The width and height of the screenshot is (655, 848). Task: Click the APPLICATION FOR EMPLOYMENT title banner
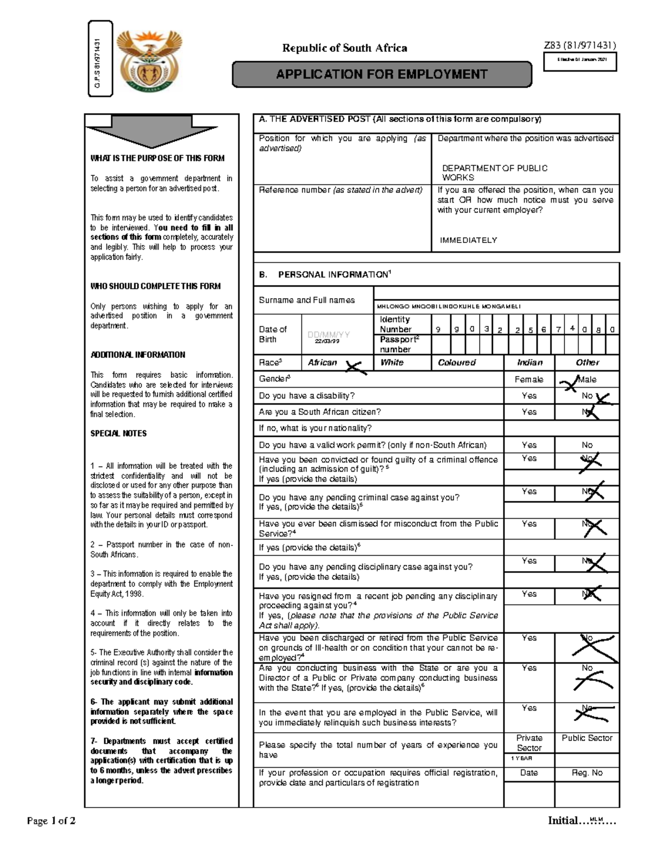(382, 74)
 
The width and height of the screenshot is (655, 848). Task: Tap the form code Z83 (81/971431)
(580, 46)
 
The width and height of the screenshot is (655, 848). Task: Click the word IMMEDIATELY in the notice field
(468, 240)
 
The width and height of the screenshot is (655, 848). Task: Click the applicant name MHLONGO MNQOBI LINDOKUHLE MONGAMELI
(449, 306)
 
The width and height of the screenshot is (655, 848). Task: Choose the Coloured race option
(457, 363)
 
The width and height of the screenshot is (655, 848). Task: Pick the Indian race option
(529, 363)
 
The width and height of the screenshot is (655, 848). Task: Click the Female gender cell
(529, 379)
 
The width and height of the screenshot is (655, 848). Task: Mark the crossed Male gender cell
(587, 379)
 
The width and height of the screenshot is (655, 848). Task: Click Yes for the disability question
(529, 396)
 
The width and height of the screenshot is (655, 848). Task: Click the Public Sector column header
(587, 738)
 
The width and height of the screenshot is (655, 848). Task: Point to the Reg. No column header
(587, 773)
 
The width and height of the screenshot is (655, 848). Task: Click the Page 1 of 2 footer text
(51, 821)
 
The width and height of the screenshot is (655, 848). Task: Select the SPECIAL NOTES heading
(118, 434)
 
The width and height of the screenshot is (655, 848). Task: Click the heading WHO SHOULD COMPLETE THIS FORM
(155, 286)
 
